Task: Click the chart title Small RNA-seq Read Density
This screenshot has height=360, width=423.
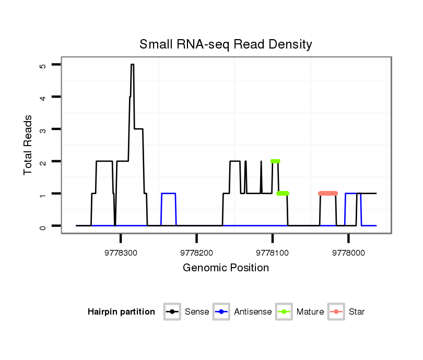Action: tap(226, 44)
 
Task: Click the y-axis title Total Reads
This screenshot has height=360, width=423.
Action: tap(29, 145)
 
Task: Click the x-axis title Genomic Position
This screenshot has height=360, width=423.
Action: tap(226, 268)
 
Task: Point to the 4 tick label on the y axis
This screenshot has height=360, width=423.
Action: tap(43, 97)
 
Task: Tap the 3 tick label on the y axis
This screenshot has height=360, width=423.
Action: tap(43, 129)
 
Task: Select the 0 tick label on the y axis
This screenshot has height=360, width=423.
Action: tap(43, 226)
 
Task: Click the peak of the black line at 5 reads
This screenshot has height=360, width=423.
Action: tap(133, 65)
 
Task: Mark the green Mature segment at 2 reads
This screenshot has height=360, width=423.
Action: tap(275, 161)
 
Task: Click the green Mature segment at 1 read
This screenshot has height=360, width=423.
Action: tap(283, 194)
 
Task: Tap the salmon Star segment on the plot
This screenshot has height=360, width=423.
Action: tap(328, 194)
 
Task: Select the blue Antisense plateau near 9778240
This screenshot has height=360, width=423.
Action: tap(168, 194)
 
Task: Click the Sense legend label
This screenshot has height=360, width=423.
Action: tap(197, 312)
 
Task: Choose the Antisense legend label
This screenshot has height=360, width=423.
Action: tap(253, 312)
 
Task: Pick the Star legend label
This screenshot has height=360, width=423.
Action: tap(357, 312)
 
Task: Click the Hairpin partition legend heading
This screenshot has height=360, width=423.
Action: tap(121, 312)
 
